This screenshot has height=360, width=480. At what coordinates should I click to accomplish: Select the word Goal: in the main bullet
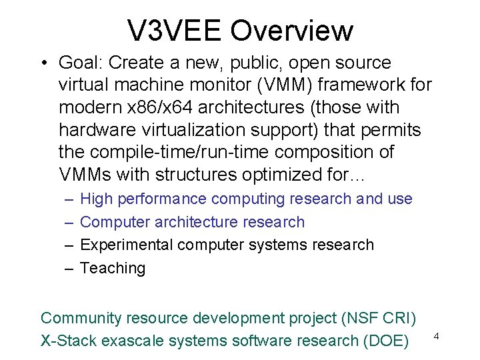81,63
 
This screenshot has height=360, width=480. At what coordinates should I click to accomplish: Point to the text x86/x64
167,107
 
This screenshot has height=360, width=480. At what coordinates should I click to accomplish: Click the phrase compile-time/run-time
175,152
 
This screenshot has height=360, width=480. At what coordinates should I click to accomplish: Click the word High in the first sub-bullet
96,199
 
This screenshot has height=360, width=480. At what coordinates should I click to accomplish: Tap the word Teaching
112,268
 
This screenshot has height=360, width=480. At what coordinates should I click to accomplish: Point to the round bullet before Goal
42,63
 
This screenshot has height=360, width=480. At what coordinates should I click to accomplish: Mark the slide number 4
436,336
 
